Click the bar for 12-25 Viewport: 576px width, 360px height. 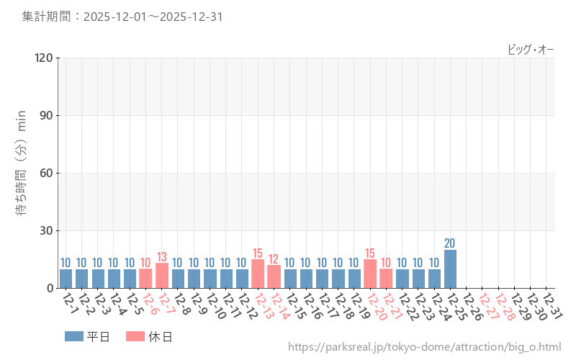click(x=450, y=269)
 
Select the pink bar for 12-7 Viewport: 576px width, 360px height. click(x=162, y=276)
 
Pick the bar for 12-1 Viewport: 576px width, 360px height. click(x=66, y=279)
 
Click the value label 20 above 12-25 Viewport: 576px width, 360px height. click(x=450, y=243)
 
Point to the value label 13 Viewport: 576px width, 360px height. click(x=162, y=256)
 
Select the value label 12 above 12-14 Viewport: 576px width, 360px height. click(x=274, y=258)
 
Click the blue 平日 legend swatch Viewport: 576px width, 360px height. click(x=73, y=336)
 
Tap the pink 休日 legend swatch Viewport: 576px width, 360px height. click(x=135, y=336)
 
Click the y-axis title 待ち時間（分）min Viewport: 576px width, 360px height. click(x=22, y=172)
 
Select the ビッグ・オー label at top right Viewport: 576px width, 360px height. click(x=531, y=49)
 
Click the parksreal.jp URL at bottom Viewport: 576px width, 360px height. click(x=424, y=347)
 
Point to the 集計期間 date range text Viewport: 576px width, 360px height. click(x=122, y=16)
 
